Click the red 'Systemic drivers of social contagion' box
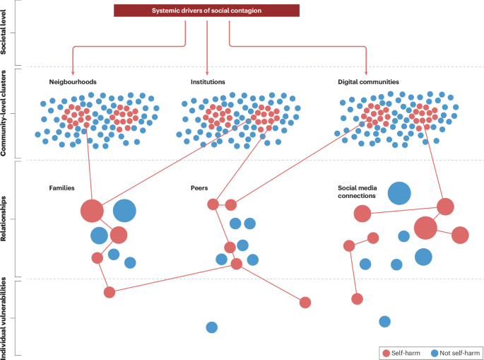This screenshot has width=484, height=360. click(207, 11)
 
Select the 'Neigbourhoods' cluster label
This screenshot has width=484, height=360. click(73, 82)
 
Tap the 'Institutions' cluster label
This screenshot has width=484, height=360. click(208, 82)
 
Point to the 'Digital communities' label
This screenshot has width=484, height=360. click(369, 82)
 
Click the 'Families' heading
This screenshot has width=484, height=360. click(62, 188)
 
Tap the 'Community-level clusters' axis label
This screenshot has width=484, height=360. click(6, 114)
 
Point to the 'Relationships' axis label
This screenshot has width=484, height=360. click(6, 219)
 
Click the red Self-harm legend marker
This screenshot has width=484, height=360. click(386, 353)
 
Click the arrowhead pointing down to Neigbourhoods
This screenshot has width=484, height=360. click(73, 71)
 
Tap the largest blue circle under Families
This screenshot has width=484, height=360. click(124, 211)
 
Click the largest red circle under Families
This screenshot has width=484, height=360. click(92, 211)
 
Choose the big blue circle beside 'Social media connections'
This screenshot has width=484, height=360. click(399, 193)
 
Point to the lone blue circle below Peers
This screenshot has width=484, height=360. click(211, 327)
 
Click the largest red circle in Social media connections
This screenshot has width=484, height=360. click(425, 228)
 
